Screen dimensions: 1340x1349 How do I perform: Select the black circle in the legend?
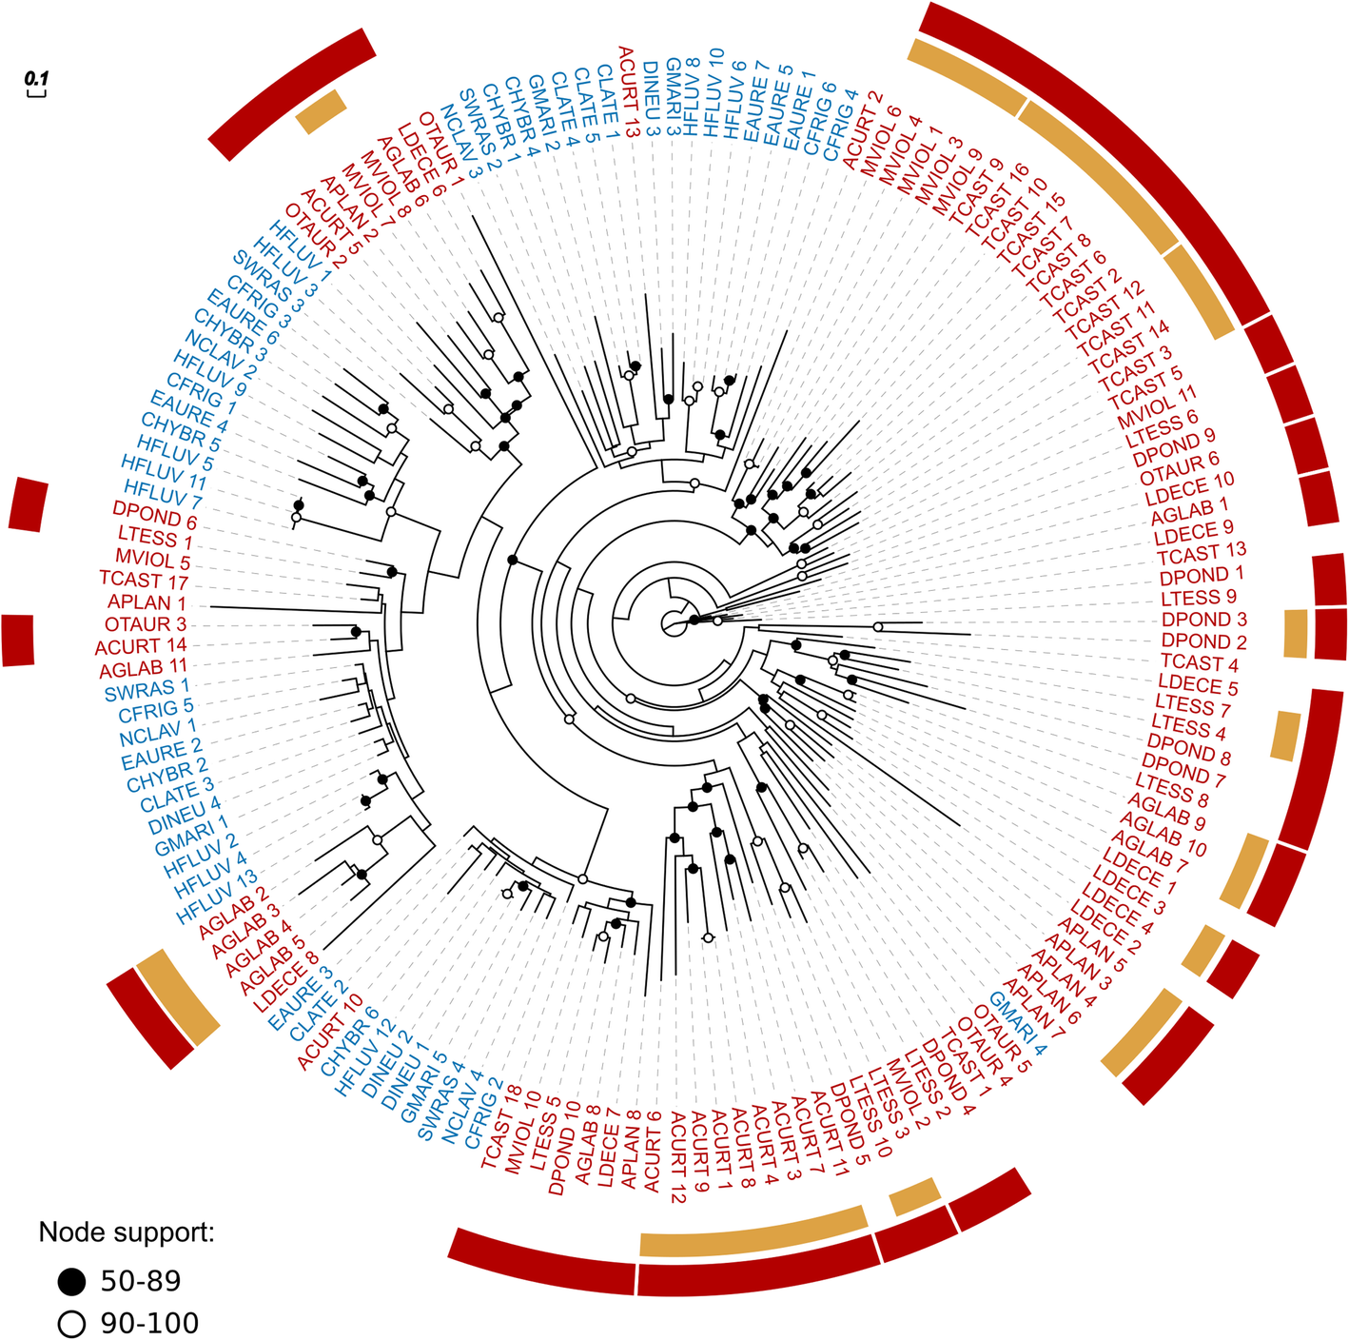(71, 1282)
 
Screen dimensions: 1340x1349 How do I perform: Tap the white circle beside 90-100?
(71, 1324)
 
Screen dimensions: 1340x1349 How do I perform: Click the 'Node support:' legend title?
(126, 1232)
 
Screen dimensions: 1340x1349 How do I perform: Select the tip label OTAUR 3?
(145, 624)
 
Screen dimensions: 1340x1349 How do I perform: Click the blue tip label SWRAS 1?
(147, 688)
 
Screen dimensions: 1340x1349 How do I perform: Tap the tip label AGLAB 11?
(144, 667)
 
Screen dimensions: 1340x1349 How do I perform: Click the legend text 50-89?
(141, 1282)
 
